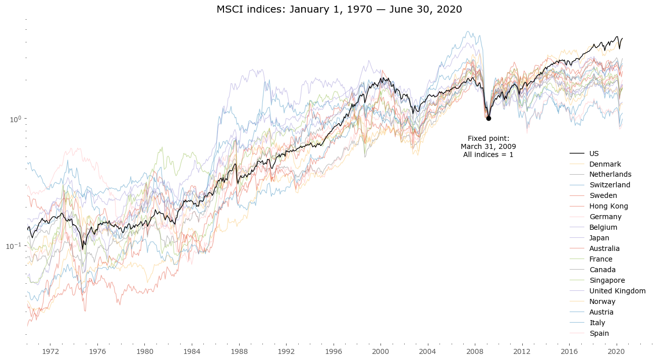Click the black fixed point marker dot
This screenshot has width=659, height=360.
coord(488,118)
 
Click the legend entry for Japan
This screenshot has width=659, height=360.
coord(599,238)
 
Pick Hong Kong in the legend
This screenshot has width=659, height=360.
coord(609,206)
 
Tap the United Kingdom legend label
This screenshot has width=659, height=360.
coord(617,291)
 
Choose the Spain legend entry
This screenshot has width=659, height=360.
coord(599,333)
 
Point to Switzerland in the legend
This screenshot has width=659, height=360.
coord(610,185)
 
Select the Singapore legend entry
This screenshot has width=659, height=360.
coord(607,280)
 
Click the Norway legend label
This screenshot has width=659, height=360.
coord(601,301)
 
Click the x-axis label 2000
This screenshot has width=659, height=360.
coord(380,351)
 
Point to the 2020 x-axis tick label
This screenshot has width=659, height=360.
coord(616,351)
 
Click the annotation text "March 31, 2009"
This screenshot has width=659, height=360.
coord(488,146)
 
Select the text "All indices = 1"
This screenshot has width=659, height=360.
coord(488,155)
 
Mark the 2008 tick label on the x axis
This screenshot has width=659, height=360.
coord(475,351)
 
